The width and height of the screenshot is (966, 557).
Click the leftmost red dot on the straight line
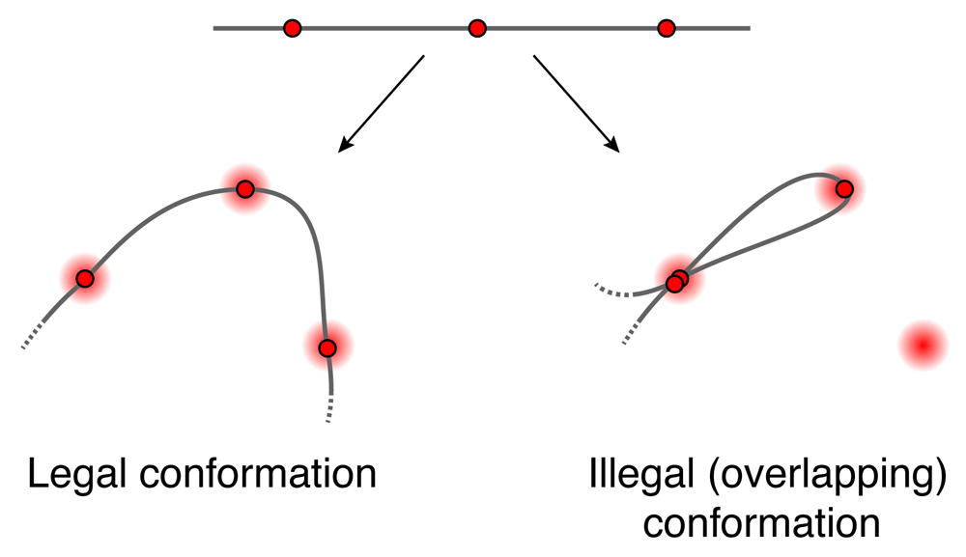293,29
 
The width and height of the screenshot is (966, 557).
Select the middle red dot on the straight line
476,29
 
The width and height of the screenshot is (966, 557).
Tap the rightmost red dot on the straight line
666,29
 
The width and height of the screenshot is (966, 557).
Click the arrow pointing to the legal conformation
381,103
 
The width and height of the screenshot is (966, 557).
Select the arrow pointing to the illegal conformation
576,103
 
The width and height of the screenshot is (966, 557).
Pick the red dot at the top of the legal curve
245,189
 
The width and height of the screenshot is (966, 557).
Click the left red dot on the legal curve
85,279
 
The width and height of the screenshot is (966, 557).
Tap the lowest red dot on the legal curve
327,348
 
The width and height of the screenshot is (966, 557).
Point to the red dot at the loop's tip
844,188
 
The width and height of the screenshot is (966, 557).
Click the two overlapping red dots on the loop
677,281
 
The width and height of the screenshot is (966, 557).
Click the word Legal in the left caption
80,475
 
